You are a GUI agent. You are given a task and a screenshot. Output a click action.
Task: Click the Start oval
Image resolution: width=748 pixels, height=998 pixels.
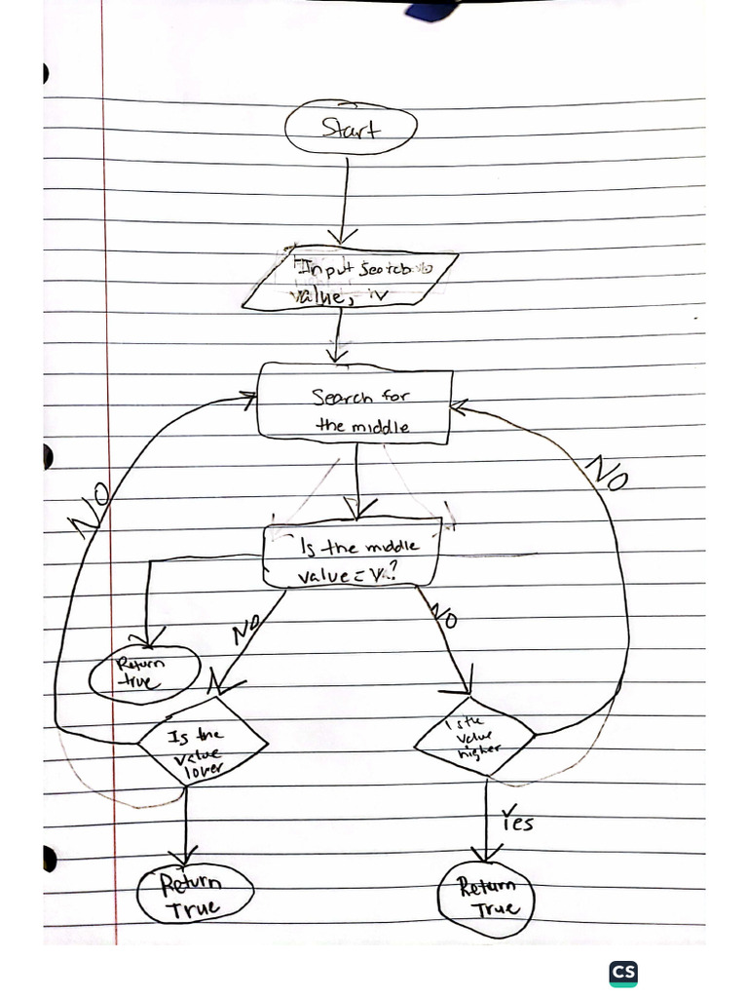[351, 128]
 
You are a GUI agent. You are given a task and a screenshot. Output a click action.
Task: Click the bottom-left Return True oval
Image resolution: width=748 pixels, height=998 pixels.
[195, 895]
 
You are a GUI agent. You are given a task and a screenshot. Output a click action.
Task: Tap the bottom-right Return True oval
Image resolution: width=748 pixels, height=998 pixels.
[486, 897]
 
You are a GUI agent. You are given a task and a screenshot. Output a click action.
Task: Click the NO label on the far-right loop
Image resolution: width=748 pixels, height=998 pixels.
[607, 474]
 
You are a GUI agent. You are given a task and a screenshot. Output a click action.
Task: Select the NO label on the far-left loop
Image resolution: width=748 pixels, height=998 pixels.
[90, 509]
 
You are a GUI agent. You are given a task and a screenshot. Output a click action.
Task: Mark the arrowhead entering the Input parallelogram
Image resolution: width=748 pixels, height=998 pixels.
[342, 237]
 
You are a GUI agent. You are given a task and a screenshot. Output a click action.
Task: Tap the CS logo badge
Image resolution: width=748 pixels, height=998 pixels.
[623, 973]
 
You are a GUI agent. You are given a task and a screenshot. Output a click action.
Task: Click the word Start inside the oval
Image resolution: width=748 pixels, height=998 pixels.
[351, 128]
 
